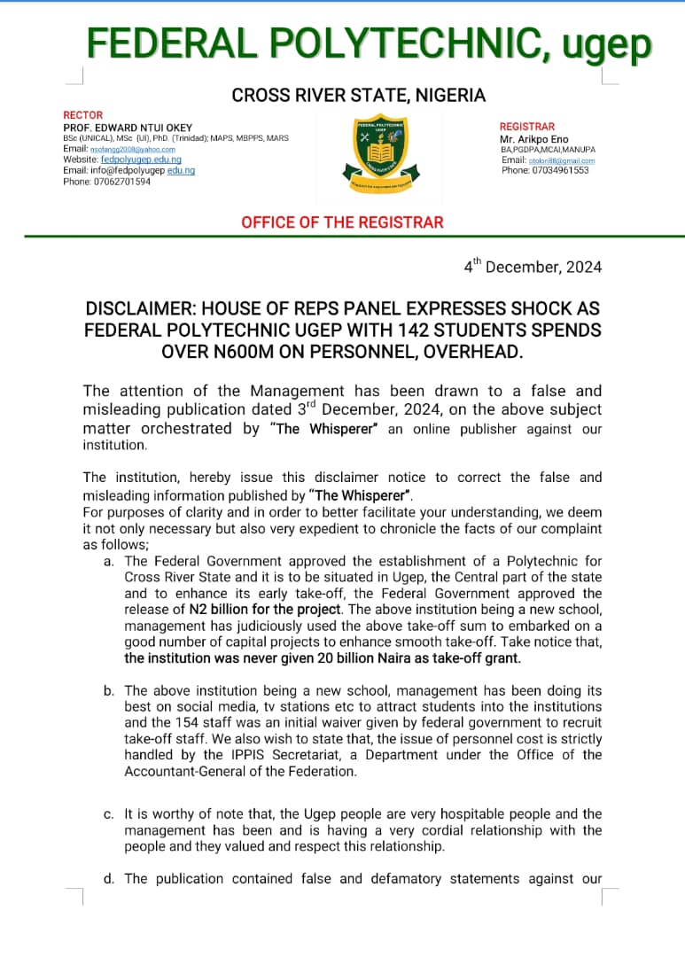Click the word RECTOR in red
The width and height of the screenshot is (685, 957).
point(83,115)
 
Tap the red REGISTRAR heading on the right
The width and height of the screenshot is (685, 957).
point(527,127)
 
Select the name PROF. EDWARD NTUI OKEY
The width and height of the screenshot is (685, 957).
point(128,128)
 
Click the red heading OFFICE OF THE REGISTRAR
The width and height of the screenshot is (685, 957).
point(342,222)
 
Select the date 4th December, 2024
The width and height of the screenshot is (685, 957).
point(533,267)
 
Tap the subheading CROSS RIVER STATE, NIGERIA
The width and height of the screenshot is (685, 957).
point(358,95)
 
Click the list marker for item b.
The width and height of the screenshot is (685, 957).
point(108,690)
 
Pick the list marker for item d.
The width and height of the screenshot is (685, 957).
point(108,879)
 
